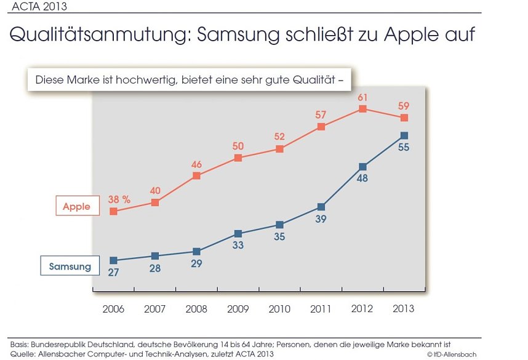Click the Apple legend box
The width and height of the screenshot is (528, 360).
click(76, 207)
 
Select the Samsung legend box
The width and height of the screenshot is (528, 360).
click(70, 266)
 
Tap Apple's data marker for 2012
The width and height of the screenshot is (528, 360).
click(362, 109)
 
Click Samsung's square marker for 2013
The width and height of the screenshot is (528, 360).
click(404, 135)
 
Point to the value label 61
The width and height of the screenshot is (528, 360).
click(362, 97)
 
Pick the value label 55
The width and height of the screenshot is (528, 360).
click(404, 148)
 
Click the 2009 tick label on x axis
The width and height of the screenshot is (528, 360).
click(238, 309)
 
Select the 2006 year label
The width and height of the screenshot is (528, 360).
click(113, 309)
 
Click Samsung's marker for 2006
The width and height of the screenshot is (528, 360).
click(113, 260)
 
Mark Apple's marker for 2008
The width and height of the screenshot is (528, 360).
click(196, 176)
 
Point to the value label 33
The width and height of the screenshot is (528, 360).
click(238, 245)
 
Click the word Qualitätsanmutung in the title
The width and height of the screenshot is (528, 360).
click(98, 34)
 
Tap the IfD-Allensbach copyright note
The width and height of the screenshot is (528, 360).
click(452, 354)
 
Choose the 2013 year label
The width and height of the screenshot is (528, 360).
click(404, 309)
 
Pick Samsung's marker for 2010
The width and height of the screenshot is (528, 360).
click(279, 225)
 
